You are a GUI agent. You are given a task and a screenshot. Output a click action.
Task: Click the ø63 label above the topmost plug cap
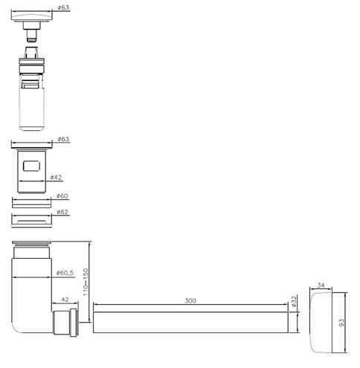(63, 7)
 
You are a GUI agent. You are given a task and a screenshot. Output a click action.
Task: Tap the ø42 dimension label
(56, 177)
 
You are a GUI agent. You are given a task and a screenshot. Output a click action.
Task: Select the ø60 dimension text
(62, 196)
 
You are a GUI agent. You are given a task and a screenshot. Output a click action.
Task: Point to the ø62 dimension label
(62, 212)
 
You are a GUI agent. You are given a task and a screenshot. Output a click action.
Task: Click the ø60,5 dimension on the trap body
(65, 273)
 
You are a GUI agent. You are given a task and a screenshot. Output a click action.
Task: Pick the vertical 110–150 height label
(86, 282)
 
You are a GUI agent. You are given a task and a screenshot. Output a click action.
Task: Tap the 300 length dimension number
(190, 300)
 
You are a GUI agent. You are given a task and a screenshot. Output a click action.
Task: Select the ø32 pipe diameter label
(294, 301)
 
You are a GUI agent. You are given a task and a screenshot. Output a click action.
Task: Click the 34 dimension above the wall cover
(321, 285)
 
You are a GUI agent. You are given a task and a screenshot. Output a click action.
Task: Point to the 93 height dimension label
(341, 323)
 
